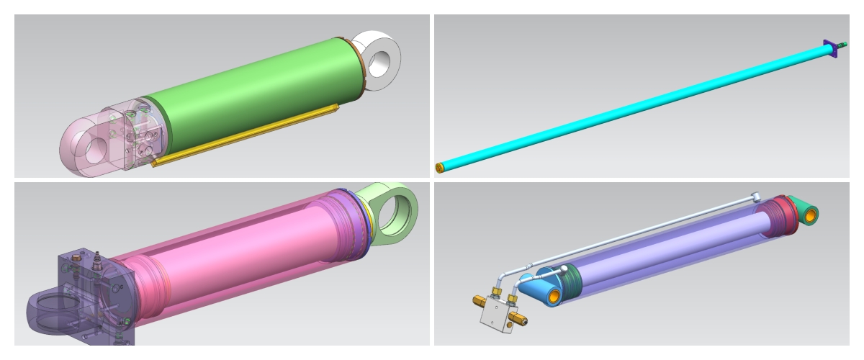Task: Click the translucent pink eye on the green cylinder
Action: pos(79,144)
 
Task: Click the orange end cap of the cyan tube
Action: pos(439,168)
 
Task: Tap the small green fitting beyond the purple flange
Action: pos(842,45)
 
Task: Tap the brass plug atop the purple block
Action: pos(96,258)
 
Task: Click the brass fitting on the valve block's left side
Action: pos(480,300)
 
